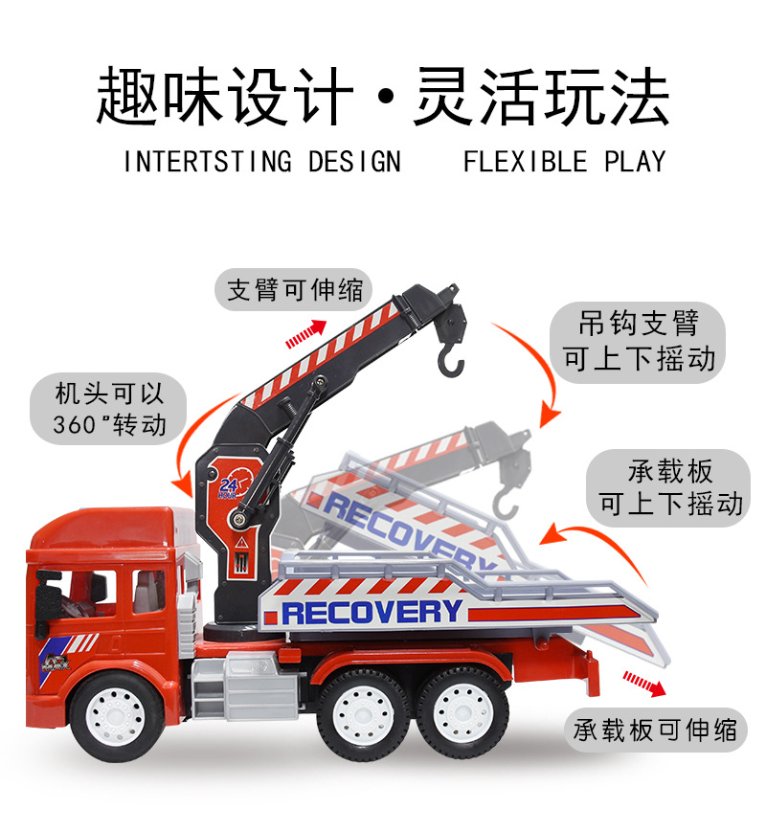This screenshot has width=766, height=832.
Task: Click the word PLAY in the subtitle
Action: click(x=634, y=161)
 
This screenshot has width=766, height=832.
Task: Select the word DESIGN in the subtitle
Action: click(x=354, y=161)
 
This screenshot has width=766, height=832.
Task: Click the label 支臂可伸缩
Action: click(x=295, y=289)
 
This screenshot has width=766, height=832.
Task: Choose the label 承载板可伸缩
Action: click(x=657, y=731)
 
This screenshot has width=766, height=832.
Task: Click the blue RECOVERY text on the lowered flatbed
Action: click(x=372, y=611)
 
